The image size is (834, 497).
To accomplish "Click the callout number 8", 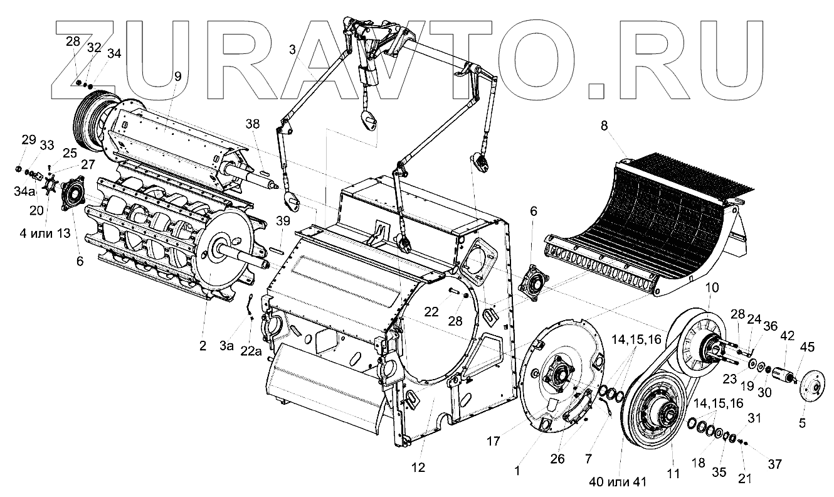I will pyautogui.click(x=604, y=126).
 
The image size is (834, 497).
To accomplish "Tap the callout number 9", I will pyautogui.click(x=177, y=77).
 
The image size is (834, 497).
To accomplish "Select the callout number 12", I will pyautogui.click(x=418, y=467).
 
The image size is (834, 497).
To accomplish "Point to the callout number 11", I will pyautogui.click(x=673, y=474).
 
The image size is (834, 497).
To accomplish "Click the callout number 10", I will pyautogui.click(x=709, y=287).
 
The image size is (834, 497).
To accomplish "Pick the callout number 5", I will pyautogui.click(x=802, y=423).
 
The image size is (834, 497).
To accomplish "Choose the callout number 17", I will pyautogui.click(x=494, y=441).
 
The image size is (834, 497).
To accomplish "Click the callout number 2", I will pyautogui.click(x=203, y=345).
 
